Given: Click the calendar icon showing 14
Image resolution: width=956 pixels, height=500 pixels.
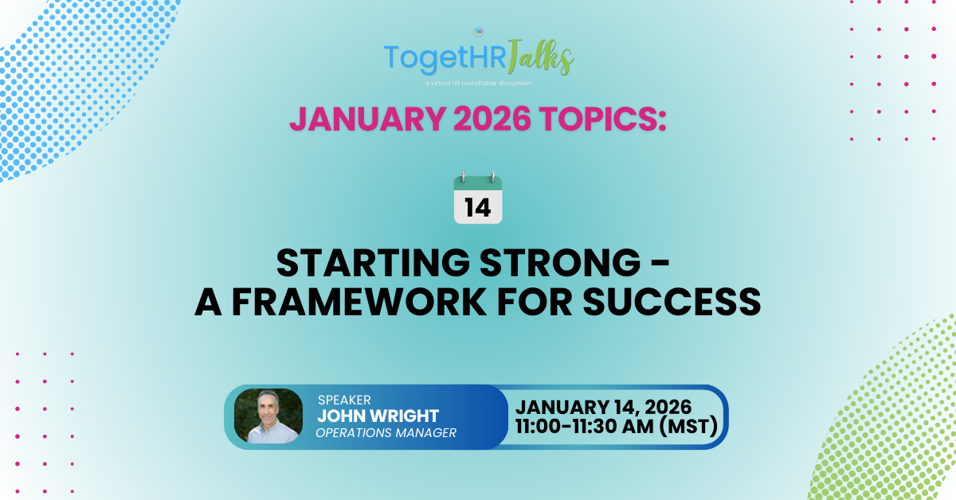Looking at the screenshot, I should pyautogui.click(x=478, y=199).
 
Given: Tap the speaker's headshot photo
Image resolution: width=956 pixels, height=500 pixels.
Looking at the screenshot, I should pyautogui.click(x=268, y=416).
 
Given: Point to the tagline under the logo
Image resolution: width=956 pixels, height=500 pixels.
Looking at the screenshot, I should pyautogui.click(x=478, y=83).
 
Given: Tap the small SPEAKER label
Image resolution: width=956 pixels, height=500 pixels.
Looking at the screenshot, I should pyautogui.click(x=343, y=399).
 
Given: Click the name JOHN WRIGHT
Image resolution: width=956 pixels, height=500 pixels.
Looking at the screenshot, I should pyautogui.click(x=378, y=416).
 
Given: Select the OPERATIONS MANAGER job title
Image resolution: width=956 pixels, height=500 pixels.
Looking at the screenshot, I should pyautogui.click(x=386, y=433).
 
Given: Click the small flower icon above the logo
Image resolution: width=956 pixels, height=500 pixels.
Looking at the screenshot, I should pyautogui.click(x=479, y=33).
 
